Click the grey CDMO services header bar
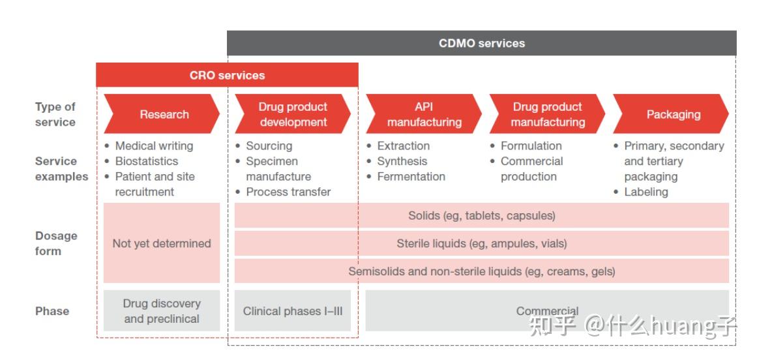point(481,44)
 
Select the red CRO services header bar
point(227,75)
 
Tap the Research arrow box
point(163,114)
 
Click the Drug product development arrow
point(293,114)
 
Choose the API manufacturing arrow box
point(424,114)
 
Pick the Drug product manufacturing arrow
point(548,114)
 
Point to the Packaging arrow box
point(673,114)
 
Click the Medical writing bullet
point(154,146)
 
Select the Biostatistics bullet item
point(146,161)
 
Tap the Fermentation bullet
point(411,177)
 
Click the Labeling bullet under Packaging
point(646,192)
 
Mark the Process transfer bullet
point(288,192)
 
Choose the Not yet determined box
point(162,243)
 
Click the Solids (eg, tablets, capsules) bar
point(481,215)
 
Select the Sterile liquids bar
point(481,243)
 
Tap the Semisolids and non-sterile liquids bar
point(481,271)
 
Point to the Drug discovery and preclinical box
point(162,311)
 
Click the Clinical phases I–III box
point(293,311)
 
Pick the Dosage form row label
point(56,243)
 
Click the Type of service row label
point(55,114)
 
